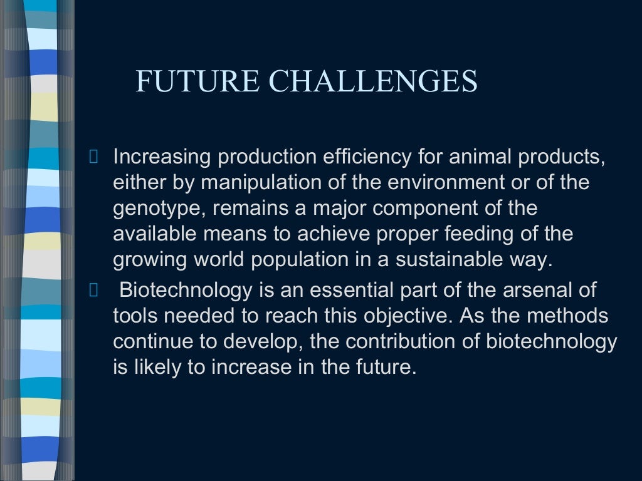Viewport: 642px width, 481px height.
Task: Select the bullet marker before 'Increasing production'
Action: click(x=94, y=157)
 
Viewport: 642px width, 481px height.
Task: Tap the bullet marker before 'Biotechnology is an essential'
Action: click(x=94, y=290)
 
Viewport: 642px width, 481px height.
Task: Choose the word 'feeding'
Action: click(x=480, y=234)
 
